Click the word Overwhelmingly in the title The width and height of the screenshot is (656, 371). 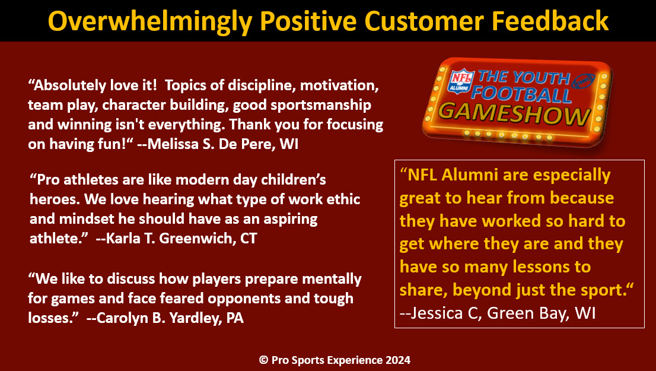click(150, 21)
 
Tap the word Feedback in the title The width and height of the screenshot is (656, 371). click(549, 20)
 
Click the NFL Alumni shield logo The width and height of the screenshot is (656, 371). click(461, 81)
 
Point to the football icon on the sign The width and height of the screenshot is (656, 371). click(584, 80)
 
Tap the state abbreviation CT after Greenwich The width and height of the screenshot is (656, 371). click(249, 238)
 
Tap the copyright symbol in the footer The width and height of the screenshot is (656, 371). click(263, 360)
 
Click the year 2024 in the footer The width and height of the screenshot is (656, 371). click(398, 360)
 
